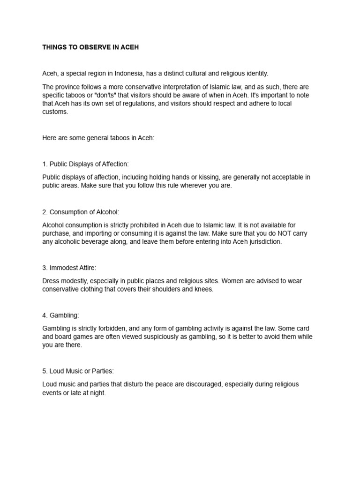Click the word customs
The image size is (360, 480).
(55, 112)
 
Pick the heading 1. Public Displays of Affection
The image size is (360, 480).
(85, 164)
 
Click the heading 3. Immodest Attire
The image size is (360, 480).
(69, 268)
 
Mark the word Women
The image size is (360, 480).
(232, 281)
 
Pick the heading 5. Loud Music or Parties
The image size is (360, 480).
(78, 371)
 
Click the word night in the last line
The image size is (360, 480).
(97, 393)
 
